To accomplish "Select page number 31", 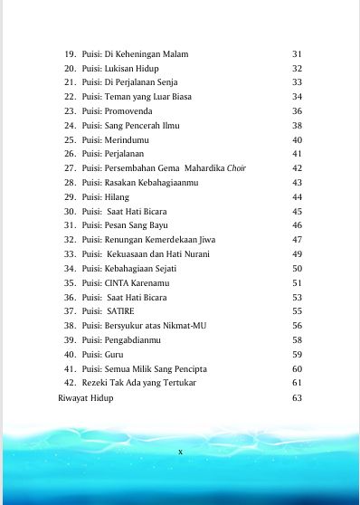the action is tap(297, 54).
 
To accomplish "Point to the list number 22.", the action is tap(69, 97).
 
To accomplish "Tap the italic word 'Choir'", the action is tap(237, 168).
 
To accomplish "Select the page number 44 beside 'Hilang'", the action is tap(297, 196).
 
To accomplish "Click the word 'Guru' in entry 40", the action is tap(115, 354).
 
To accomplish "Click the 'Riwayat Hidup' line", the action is tap(86, 397).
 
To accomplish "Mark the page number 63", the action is tap(297, 397).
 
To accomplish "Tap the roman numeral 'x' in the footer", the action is tap(180, 451).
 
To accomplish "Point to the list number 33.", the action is tap(69, 254).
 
